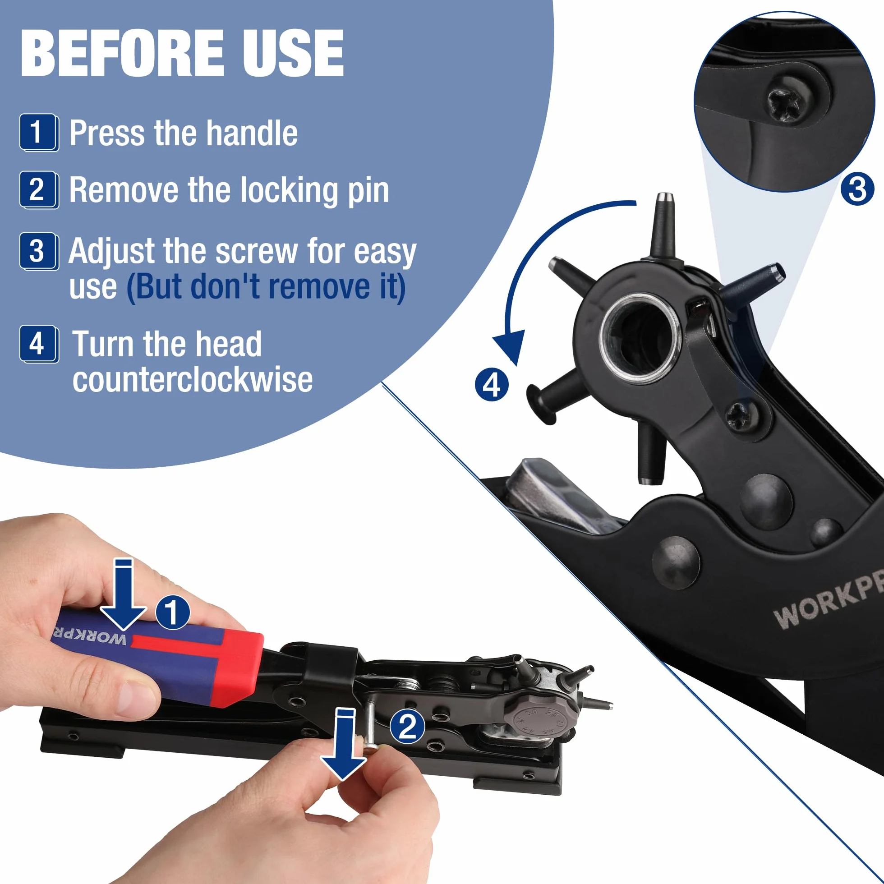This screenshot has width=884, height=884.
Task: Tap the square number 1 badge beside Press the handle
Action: [39, 132]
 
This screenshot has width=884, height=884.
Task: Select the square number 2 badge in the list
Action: [39, 190]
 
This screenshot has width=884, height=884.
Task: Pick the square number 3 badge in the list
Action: [39, 251]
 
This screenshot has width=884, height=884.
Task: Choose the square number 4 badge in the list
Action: [39, 344]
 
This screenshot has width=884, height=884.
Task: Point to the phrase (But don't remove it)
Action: [266, 287]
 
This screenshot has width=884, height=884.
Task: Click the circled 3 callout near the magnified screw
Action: [857, 189]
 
